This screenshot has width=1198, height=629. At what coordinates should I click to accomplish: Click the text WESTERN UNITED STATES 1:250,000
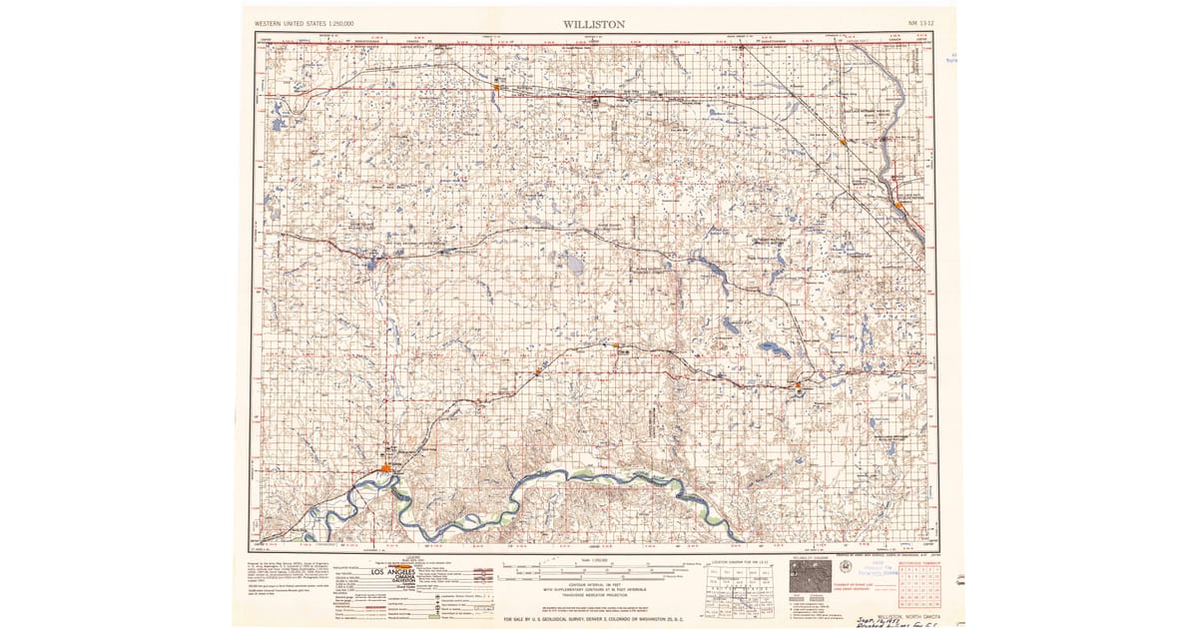[304, 22]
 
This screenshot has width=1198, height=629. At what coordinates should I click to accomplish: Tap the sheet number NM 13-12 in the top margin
[923, 21]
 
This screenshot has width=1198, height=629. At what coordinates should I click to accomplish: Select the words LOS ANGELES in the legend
[393, 572]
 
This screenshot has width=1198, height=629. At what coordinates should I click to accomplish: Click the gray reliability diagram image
[810, 576]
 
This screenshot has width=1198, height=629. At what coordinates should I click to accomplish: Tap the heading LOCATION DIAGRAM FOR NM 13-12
[740, 562]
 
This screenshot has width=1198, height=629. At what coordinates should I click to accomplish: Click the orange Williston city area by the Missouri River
[386, 468]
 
